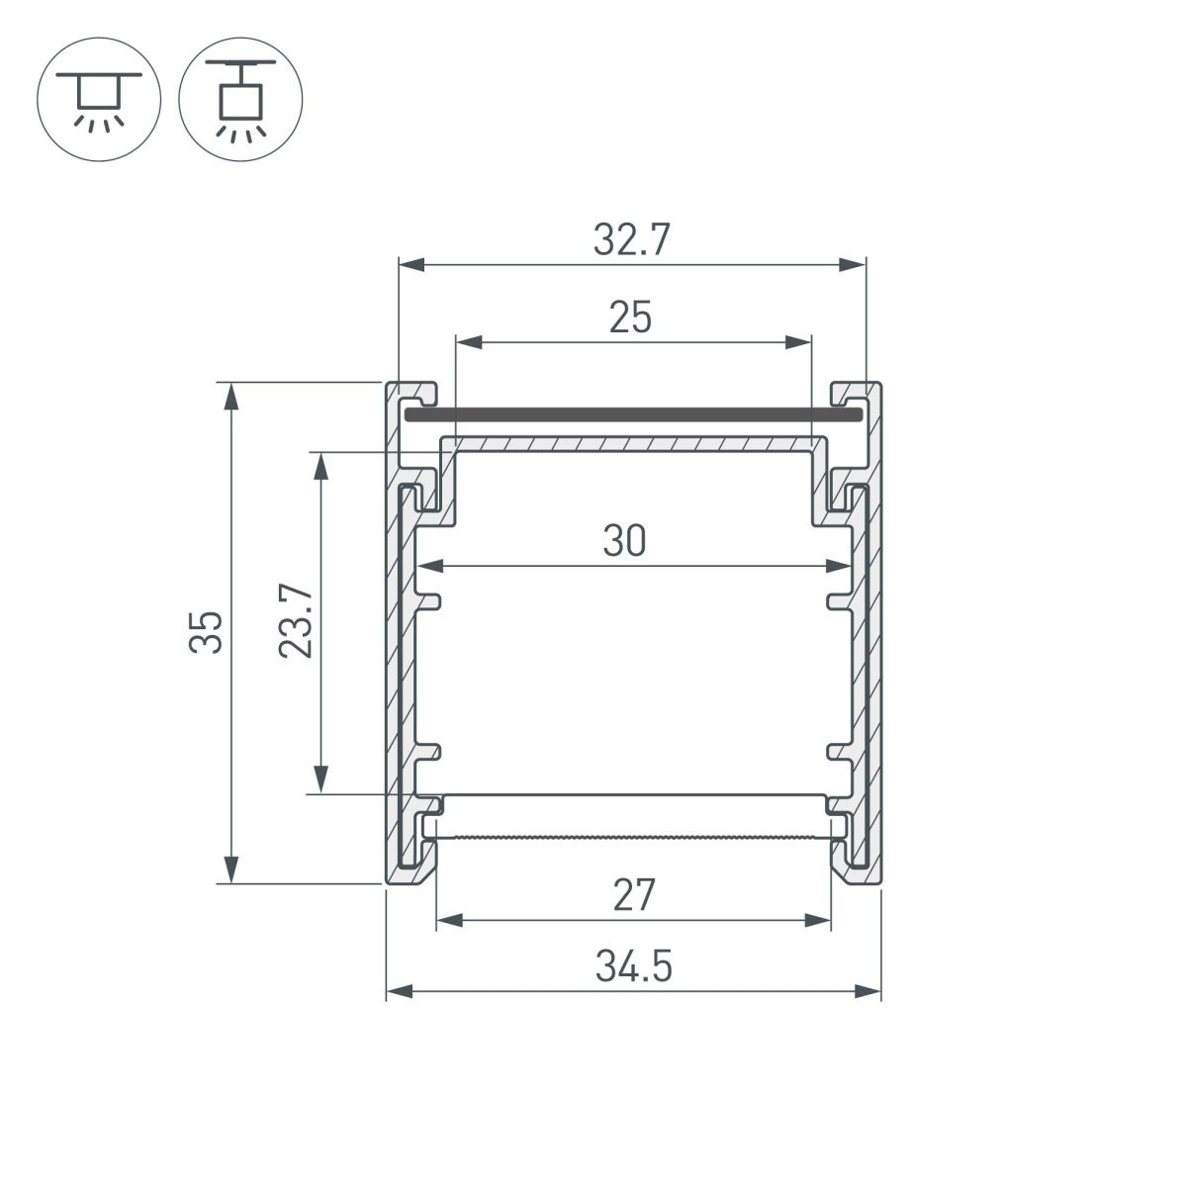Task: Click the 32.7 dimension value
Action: pyautogui.click(x=632, y=241)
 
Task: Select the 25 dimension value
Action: pyautogui.click(x=630, y=319)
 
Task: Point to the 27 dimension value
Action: pyautogui.click(x=633, y=895)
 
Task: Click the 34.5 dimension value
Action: pyautogui.click(x=633, y=966)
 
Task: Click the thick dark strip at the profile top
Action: pyautogui.click(x=633, y=414)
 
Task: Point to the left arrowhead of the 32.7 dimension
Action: pyautogui.click(x=411, y=265)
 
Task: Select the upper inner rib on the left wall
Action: pyautogui.click(x=430, y=599)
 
